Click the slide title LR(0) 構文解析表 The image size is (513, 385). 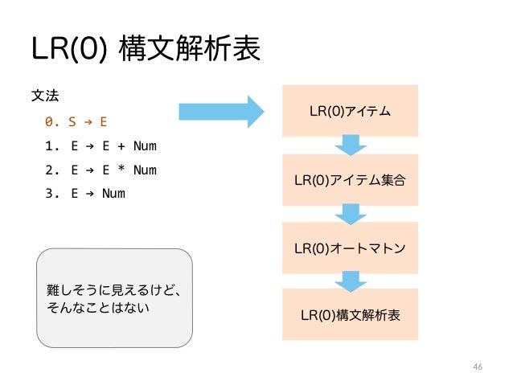146,50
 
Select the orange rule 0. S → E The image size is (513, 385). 76,122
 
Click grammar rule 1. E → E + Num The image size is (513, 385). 101,146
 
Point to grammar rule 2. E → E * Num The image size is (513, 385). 101,170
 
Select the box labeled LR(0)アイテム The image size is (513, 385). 350,111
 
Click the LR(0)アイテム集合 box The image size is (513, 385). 350,179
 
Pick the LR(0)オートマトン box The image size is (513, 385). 350,246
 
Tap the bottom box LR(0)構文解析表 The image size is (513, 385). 350,314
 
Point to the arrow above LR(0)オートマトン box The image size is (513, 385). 350,213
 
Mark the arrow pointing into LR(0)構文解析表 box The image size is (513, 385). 350,281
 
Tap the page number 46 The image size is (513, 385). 478,367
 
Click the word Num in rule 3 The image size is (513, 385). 113,193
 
